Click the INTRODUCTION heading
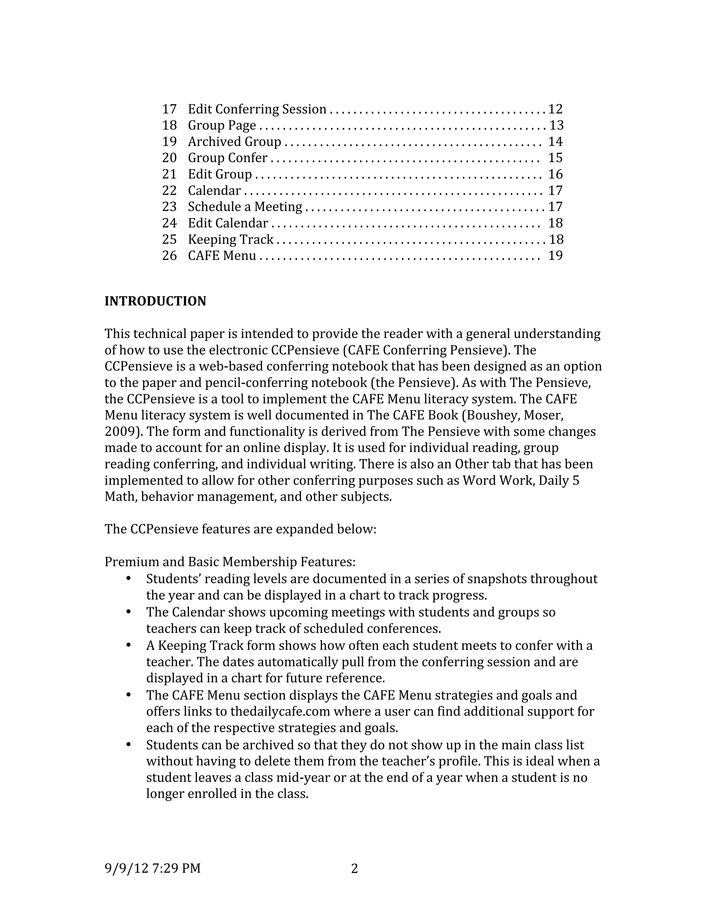point(155,301)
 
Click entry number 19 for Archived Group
point(169,142)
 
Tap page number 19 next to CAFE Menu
point(555,256)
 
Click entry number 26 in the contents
point(169,256)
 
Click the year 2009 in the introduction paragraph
point(119,432)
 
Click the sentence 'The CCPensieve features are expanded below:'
point(240,529)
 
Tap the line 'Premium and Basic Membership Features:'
point(230,562)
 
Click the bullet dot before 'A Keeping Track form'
point(129,645)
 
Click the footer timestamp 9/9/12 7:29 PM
point(152,868)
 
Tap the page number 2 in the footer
point(354,868)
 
